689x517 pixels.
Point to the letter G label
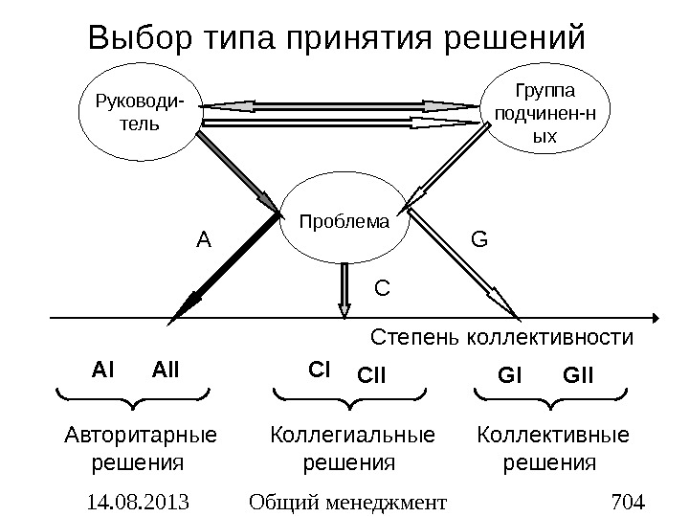[478, 236]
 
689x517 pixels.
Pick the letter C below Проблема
[382, 285]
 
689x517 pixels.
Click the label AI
[102, 368]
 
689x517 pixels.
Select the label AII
[167, 368]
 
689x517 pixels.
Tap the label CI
[319, 368]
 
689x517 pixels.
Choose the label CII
[373, 374]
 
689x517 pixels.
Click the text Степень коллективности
[501, 338]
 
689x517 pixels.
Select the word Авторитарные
[140, 437]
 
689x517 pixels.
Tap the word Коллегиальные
[352, 437]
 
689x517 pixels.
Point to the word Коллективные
[553, 437]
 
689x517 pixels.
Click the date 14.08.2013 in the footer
[138, 500]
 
